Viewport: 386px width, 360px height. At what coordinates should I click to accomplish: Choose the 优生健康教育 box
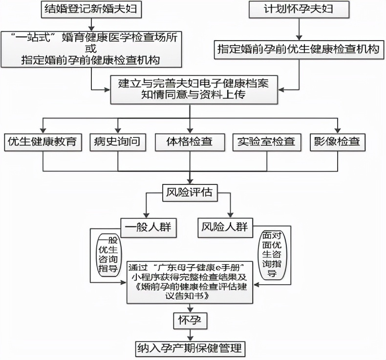[43, 142]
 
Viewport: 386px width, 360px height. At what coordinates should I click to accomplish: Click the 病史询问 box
[117, 142]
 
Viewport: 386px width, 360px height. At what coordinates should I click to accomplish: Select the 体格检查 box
[190, 142]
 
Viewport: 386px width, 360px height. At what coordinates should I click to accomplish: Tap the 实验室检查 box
[266, 142]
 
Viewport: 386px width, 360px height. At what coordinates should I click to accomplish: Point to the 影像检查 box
[338, 142]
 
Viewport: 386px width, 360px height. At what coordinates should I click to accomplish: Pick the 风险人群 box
[224, 227]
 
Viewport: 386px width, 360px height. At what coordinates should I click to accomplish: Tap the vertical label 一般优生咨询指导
[109, 255]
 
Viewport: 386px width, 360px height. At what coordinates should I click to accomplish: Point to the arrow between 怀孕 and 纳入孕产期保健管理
[190, 335]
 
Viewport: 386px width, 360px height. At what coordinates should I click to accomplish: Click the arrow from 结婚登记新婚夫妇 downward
[90, 22]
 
